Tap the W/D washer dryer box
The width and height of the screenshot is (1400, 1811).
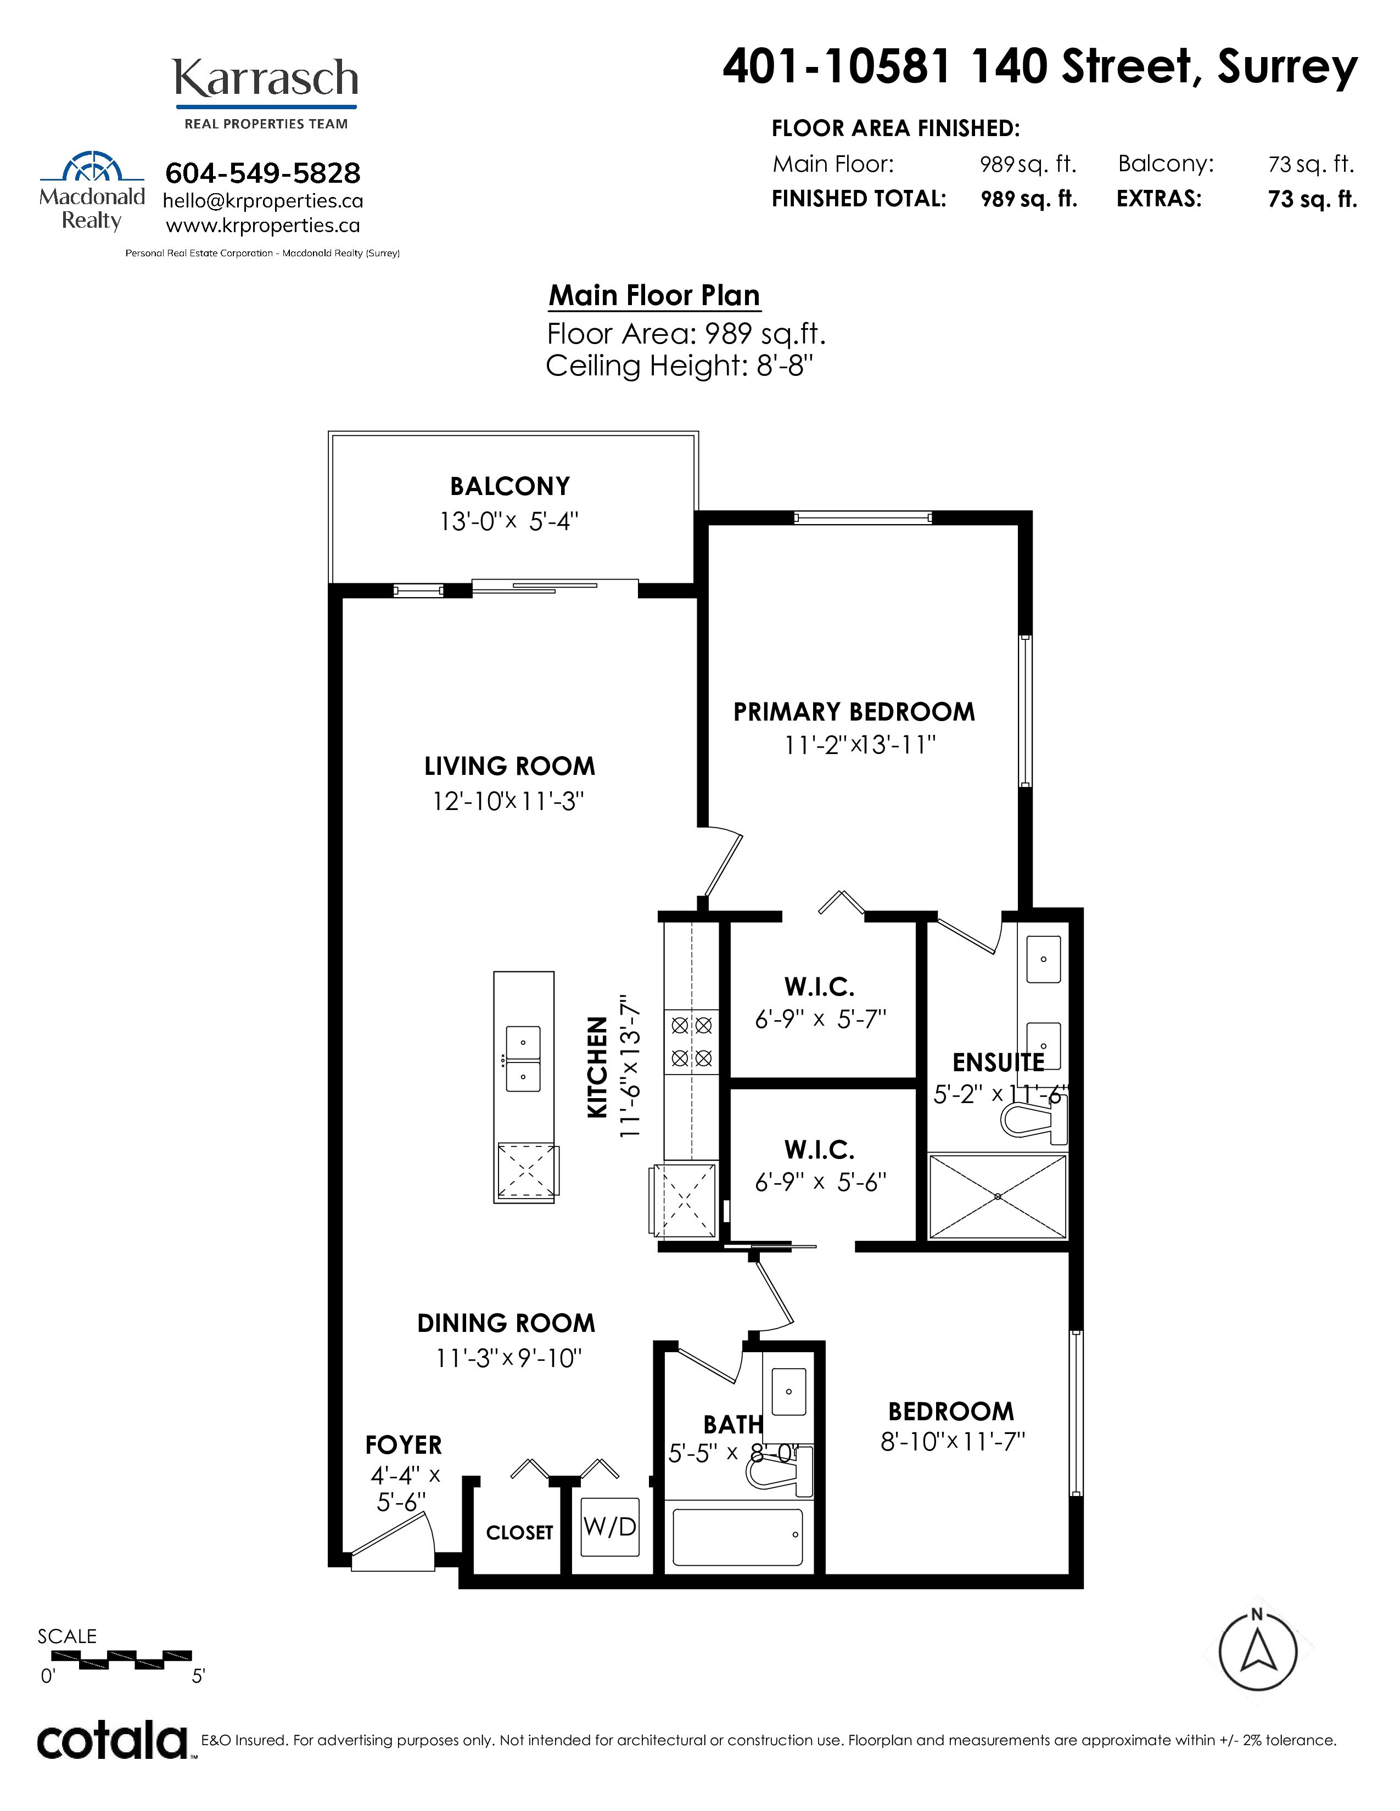click(609, 1527)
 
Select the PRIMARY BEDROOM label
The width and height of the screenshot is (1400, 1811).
click(854, 711)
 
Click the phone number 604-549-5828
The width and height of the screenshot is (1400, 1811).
click(263, 173)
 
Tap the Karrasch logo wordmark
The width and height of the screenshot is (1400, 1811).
click(265, 79)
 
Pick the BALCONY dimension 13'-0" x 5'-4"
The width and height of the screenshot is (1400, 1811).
click(508, 521)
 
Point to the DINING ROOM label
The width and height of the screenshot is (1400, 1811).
click(506, 1323)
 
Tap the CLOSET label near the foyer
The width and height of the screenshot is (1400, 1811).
click(519, 1532)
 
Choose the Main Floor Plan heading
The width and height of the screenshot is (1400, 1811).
click(654, 295)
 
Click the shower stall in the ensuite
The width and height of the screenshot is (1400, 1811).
click(997, 1196)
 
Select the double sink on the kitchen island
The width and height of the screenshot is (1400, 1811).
click(523, 1059)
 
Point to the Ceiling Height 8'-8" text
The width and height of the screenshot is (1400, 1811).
click(679, 365)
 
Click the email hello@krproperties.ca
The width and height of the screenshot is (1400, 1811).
click(263, 201)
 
